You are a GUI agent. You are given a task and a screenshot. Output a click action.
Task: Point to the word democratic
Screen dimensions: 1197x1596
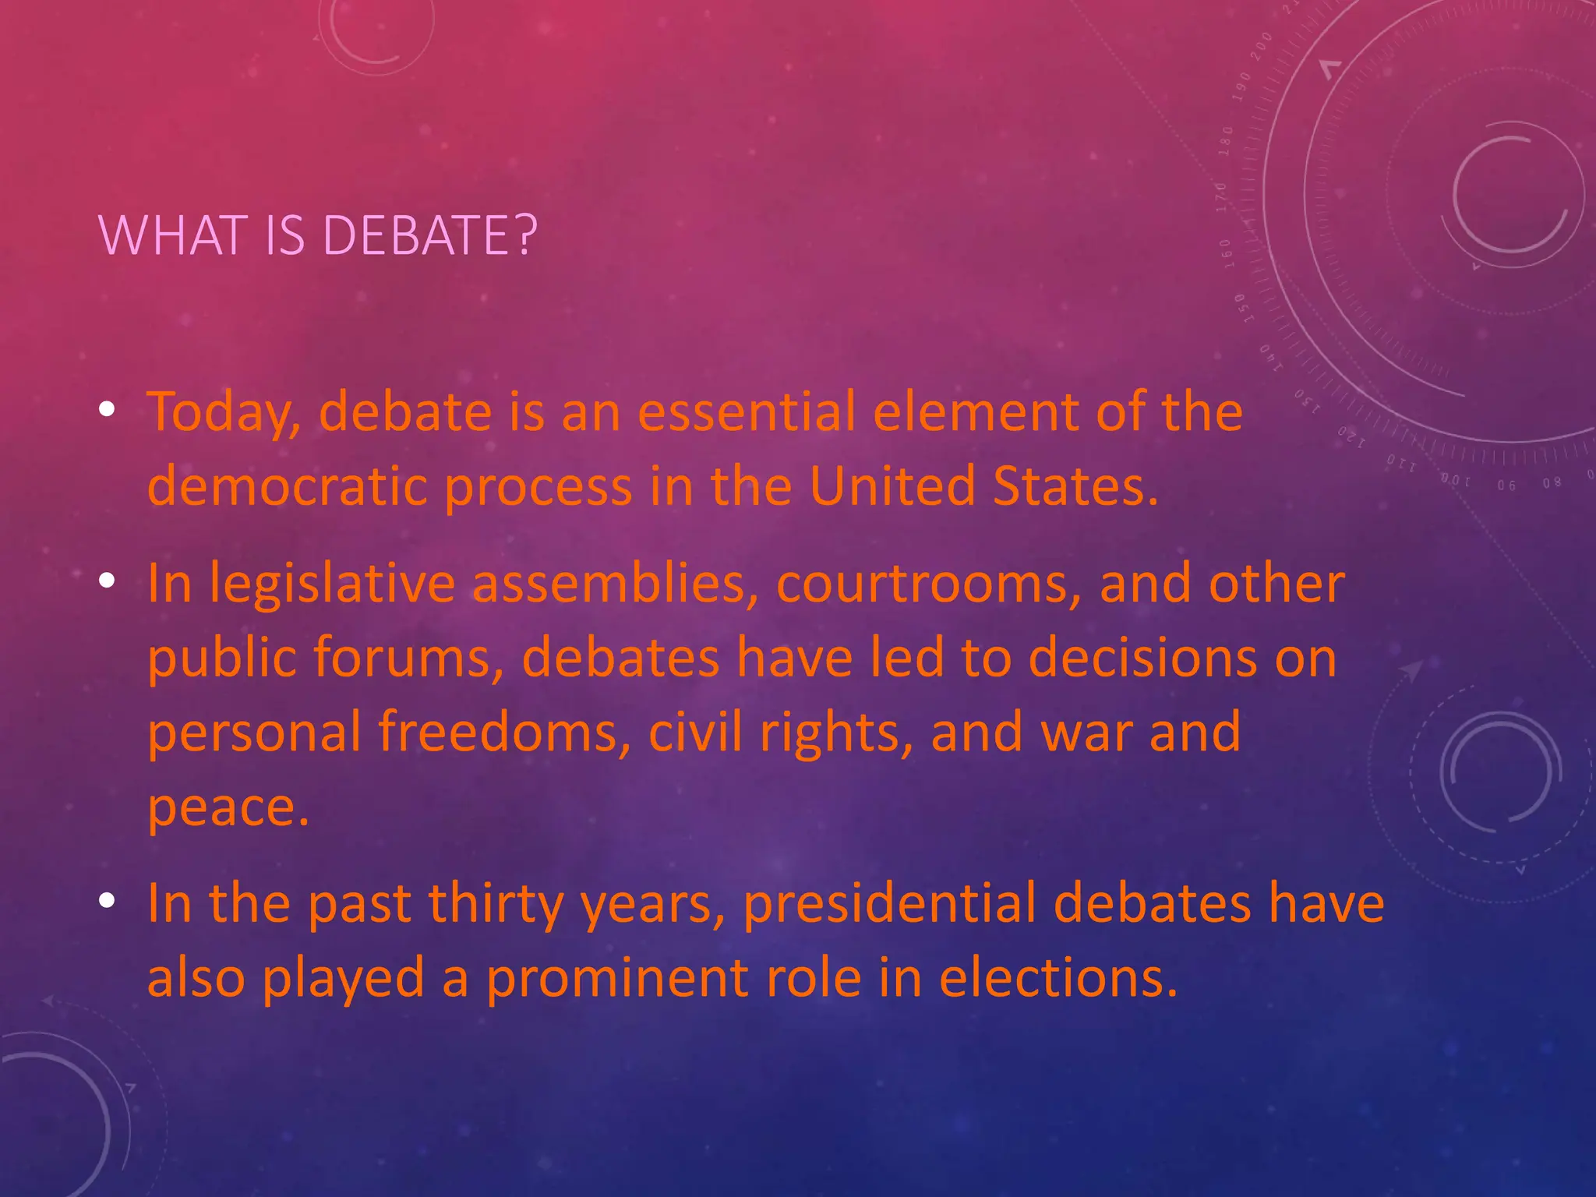tap(287, 486)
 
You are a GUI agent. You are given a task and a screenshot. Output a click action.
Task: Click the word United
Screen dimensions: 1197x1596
tap(892, 485)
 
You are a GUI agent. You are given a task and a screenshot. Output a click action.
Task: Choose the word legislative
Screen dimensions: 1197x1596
tap(332, 584)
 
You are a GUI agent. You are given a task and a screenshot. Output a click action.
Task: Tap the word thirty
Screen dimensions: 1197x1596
tap(496, 904)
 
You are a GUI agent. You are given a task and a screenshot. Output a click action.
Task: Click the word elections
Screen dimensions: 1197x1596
tap(1058, 978)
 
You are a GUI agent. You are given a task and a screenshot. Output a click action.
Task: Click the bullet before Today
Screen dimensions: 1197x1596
tap(108, 409)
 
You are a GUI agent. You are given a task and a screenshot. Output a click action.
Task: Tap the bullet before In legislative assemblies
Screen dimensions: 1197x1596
tap(108, 581)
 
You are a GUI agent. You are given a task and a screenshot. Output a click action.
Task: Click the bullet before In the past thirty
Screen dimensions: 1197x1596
tap(108, 902)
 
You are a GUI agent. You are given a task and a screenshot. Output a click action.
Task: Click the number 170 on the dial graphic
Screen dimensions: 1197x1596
tap(1221, 198)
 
